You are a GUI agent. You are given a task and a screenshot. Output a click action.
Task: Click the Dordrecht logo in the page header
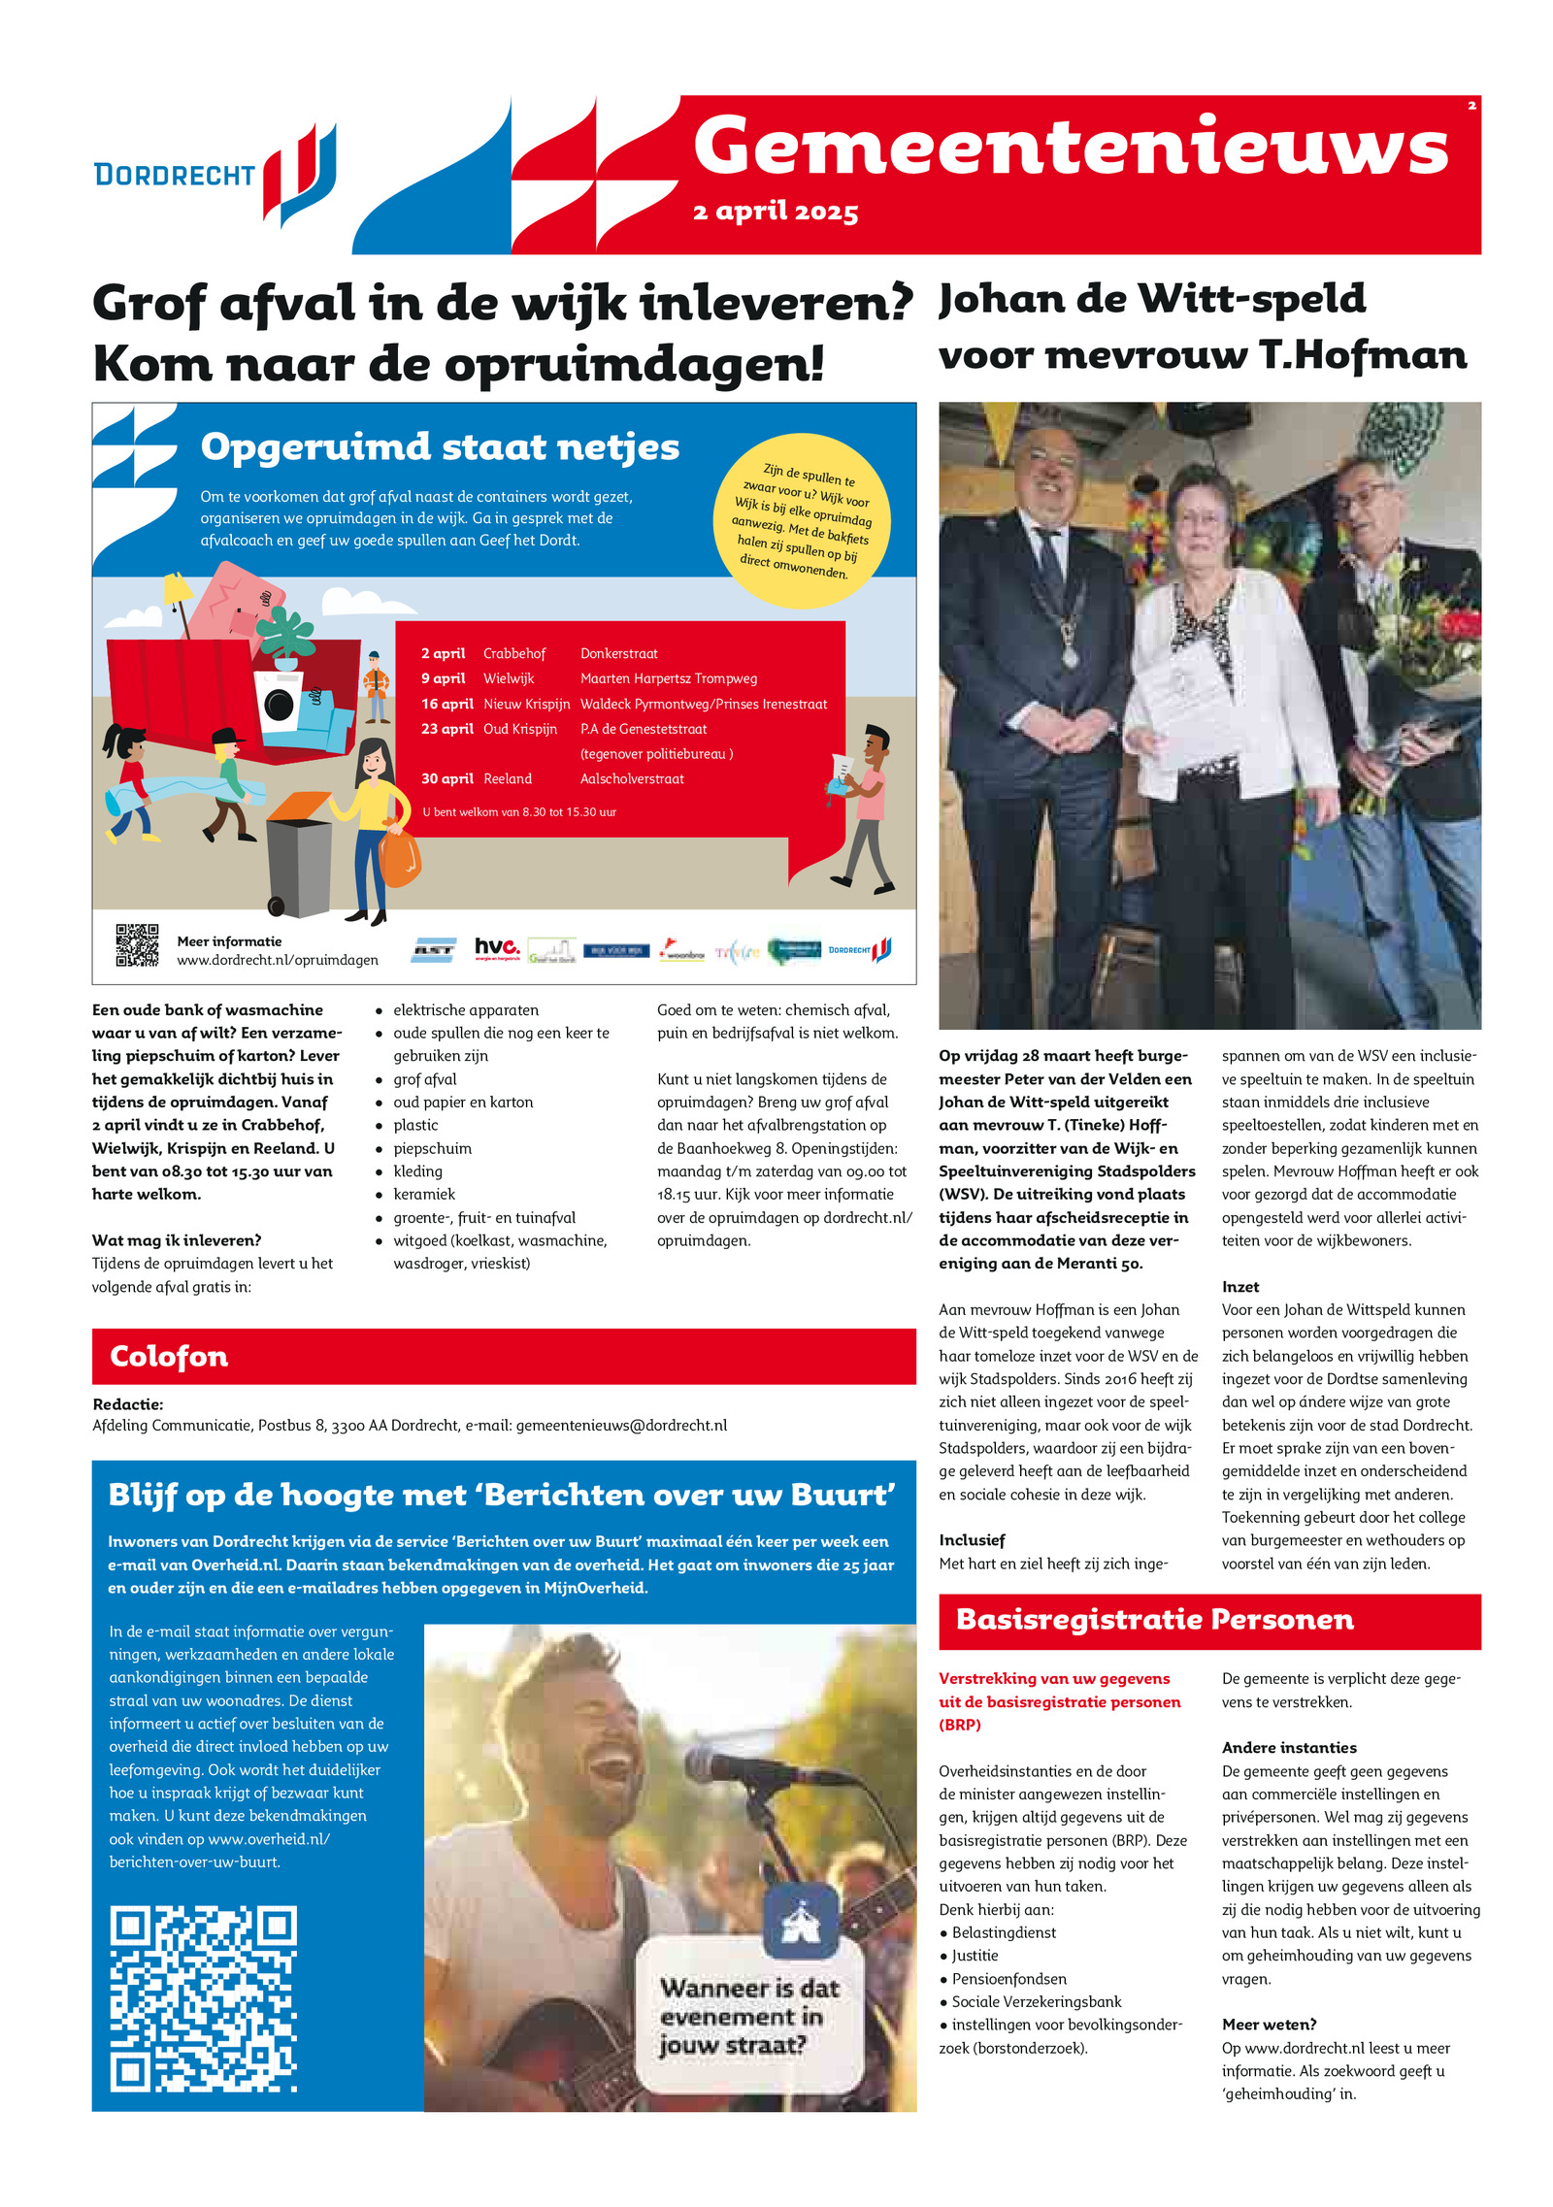[x=215, y=174]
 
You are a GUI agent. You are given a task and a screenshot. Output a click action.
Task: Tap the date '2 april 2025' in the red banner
[x=775, y=212]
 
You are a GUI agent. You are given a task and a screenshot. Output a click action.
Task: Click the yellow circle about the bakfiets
[x=803, y=521]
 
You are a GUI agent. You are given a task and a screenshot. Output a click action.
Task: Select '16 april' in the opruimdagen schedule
[x=446, y=704]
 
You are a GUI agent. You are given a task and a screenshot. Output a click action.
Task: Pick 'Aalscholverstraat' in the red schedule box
[x=632, y=778]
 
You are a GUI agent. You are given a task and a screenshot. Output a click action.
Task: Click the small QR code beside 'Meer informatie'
[x=137, y=944]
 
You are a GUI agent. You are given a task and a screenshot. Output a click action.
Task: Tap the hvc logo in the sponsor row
[x=496, y=948]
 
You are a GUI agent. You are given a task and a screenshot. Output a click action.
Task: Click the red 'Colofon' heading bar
[x=504, y=1356]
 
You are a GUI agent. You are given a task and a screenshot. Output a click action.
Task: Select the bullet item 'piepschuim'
[x=432, y=1148]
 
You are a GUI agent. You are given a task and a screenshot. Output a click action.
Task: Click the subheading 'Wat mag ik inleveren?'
[x=177, y=1240]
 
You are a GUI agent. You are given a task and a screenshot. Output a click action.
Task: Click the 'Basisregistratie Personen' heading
[x=1154, y=1620]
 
